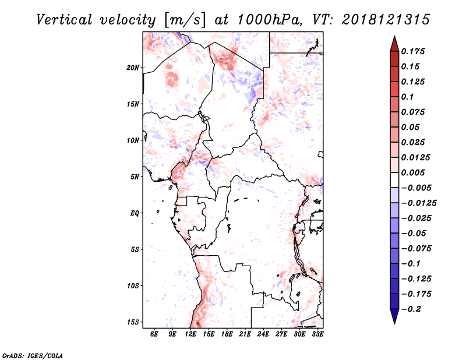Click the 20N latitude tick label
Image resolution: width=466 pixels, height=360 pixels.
point(133,68)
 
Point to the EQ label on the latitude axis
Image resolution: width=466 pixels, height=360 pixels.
point(135,213)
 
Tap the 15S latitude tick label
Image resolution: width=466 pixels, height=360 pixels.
point(133,322)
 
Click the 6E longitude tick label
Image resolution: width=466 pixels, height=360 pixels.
point(154,334)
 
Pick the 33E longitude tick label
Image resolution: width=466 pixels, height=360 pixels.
point(317,334)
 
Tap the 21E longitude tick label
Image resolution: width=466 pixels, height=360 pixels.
point(245,334)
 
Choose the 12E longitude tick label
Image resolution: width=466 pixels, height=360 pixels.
point(190,334)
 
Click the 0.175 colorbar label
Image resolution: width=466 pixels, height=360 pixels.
point(412,52)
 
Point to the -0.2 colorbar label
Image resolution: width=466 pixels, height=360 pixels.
point(411,309)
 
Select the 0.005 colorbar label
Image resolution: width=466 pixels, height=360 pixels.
point(412,173)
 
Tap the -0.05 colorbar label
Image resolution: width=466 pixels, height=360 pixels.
point(414,234)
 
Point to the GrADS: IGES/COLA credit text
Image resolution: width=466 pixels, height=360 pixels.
point(32,355)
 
